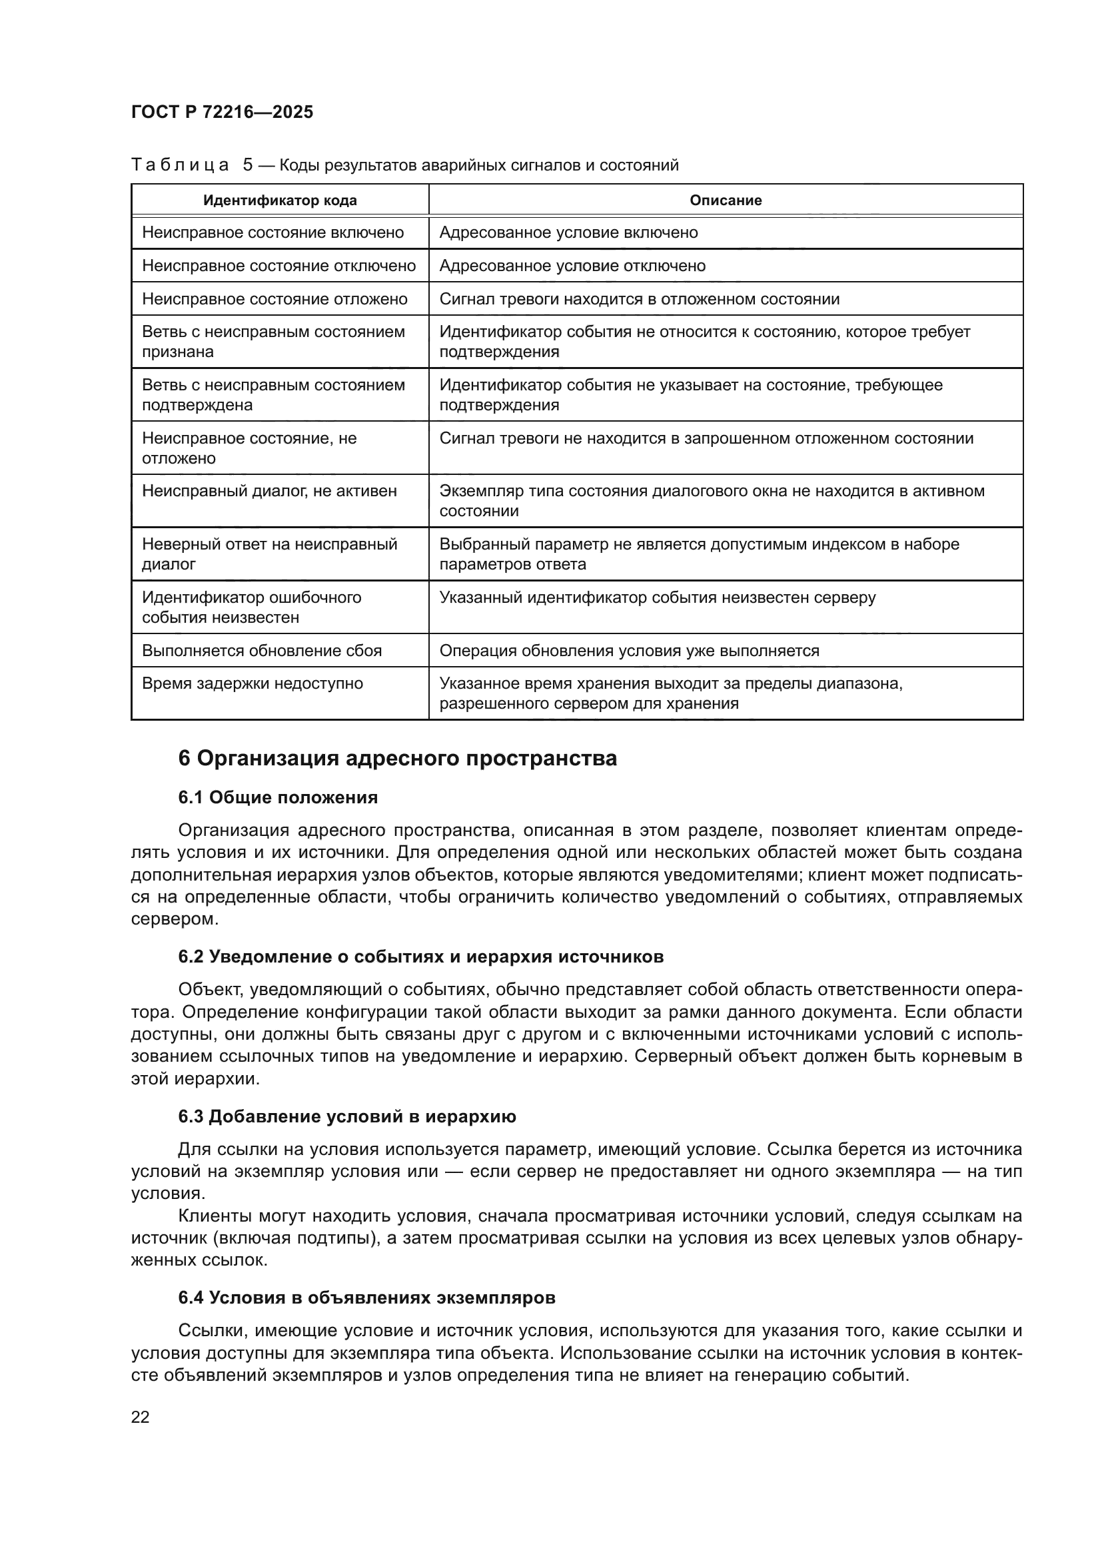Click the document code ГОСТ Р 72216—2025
[x=222, y=112]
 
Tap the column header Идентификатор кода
[x=280, y=200]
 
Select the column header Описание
[x=725, y=200]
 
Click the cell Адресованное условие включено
[x=568, y=232]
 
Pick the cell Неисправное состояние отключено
[x=278, y=266]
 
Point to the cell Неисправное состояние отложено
[x=274, y=299]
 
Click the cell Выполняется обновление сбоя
[x=261, y=651]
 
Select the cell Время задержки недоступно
[x=252, y=683]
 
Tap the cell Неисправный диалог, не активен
[x=269, y=491]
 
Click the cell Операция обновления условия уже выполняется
[x=628, y=651]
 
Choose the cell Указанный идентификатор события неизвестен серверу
[x=657, y=597]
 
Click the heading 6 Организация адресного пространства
[x=397, y=758]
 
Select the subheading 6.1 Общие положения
[x=278, y=797]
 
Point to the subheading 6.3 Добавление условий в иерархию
[x=346, y=1116]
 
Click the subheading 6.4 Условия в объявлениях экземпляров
[x=366, y=1298]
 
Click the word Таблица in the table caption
[x=180, y=165]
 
